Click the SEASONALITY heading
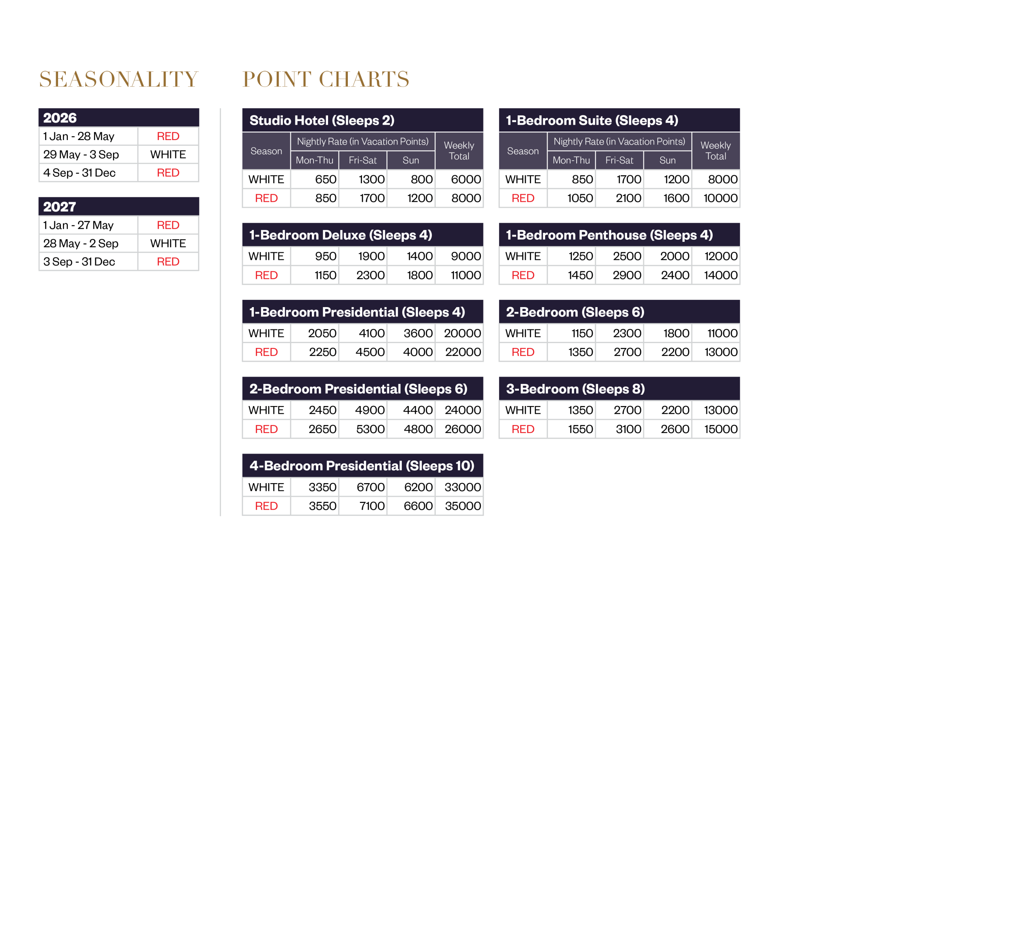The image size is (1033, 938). click(118, 80)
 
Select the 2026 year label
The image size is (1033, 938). click(60, 118)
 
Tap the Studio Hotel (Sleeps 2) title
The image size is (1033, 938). click(322, 120)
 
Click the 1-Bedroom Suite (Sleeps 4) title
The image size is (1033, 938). click(592, 120)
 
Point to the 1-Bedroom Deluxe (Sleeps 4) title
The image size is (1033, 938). click(341, 235)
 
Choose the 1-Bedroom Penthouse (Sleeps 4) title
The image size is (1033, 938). click(609, 235)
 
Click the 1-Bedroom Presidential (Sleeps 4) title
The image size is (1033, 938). click(357, 312)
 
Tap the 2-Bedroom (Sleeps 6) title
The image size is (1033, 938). click(575, 312)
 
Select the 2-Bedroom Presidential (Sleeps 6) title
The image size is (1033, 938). click(358, 389)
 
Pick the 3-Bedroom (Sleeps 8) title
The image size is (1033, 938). click(575, 389)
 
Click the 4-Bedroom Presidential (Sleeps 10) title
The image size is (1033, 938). click(362, 465)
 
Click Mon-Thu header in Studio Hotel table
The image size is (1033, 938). click(315, 160)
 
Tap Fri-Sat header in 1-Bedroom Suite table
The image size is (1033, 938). click(619, 160)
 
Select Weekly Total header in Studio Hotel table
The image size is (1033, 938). click(459, 151)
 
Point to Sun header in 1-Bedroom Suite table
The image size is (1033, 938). click(667, 160)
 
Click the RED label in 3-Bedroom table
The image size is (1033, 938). click(523, 429)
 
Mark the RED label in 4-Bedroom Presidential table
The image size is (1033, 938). click(266, 506)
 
